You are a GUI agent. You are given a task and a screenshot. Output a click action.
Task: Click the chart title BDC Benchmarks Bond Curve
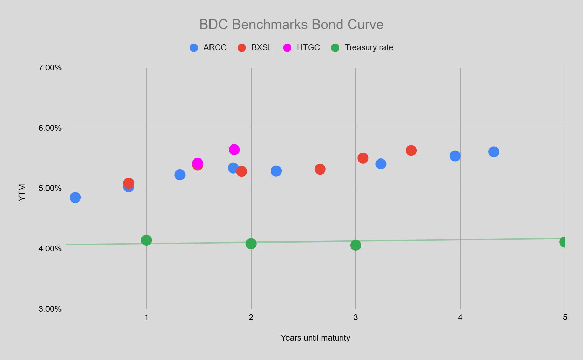(x=291, y=25)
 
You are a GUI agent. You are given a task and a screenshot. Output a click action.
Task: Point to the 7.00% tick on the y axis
(x=50, y=68)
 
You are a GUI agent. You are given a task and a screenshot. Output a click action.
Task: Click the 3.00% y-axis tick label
(x=50, y=309)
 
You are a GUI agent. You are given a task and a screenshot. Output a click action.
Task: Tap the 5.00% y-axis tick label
(x=50, y=188)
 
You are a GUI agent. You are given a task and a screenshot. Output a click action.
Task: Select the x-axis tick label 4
(x=460, y=317)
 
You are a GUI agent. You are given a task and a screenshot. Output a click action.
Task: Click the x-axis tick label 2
(x=251, y=317)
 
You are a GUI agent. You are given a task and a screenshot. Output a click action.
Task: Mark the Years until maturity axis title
(x=315, y=338)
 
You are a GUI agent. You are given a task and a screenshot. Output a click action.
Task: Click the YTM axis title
(x=22, y=193)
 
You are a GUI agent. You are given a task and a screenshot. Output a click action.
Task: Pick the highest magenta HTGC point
(x=234, y=150)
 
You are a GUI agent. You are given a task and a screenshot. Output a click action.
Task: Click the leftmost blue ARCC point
(x=75, y=197)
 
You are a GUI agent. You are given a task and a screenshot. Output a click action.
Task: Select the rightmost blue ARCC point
(x=493, y=152)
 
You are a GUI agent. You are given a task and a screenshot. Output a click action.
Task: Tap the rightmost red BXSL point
(x=411, y=150)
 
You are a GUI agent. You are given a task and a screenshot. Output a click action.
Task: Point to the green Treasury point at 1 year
(x=146, y=240)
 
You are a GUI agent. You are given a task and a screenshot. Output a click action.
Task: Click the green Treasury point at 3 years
(x=355, y=245)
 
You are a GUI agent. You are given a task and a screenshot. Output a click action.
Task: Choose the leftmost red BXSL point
(x=128, y=183)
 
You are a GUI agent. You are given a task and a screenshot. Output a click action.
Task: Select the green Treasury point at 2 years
(x=251, y=244)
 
